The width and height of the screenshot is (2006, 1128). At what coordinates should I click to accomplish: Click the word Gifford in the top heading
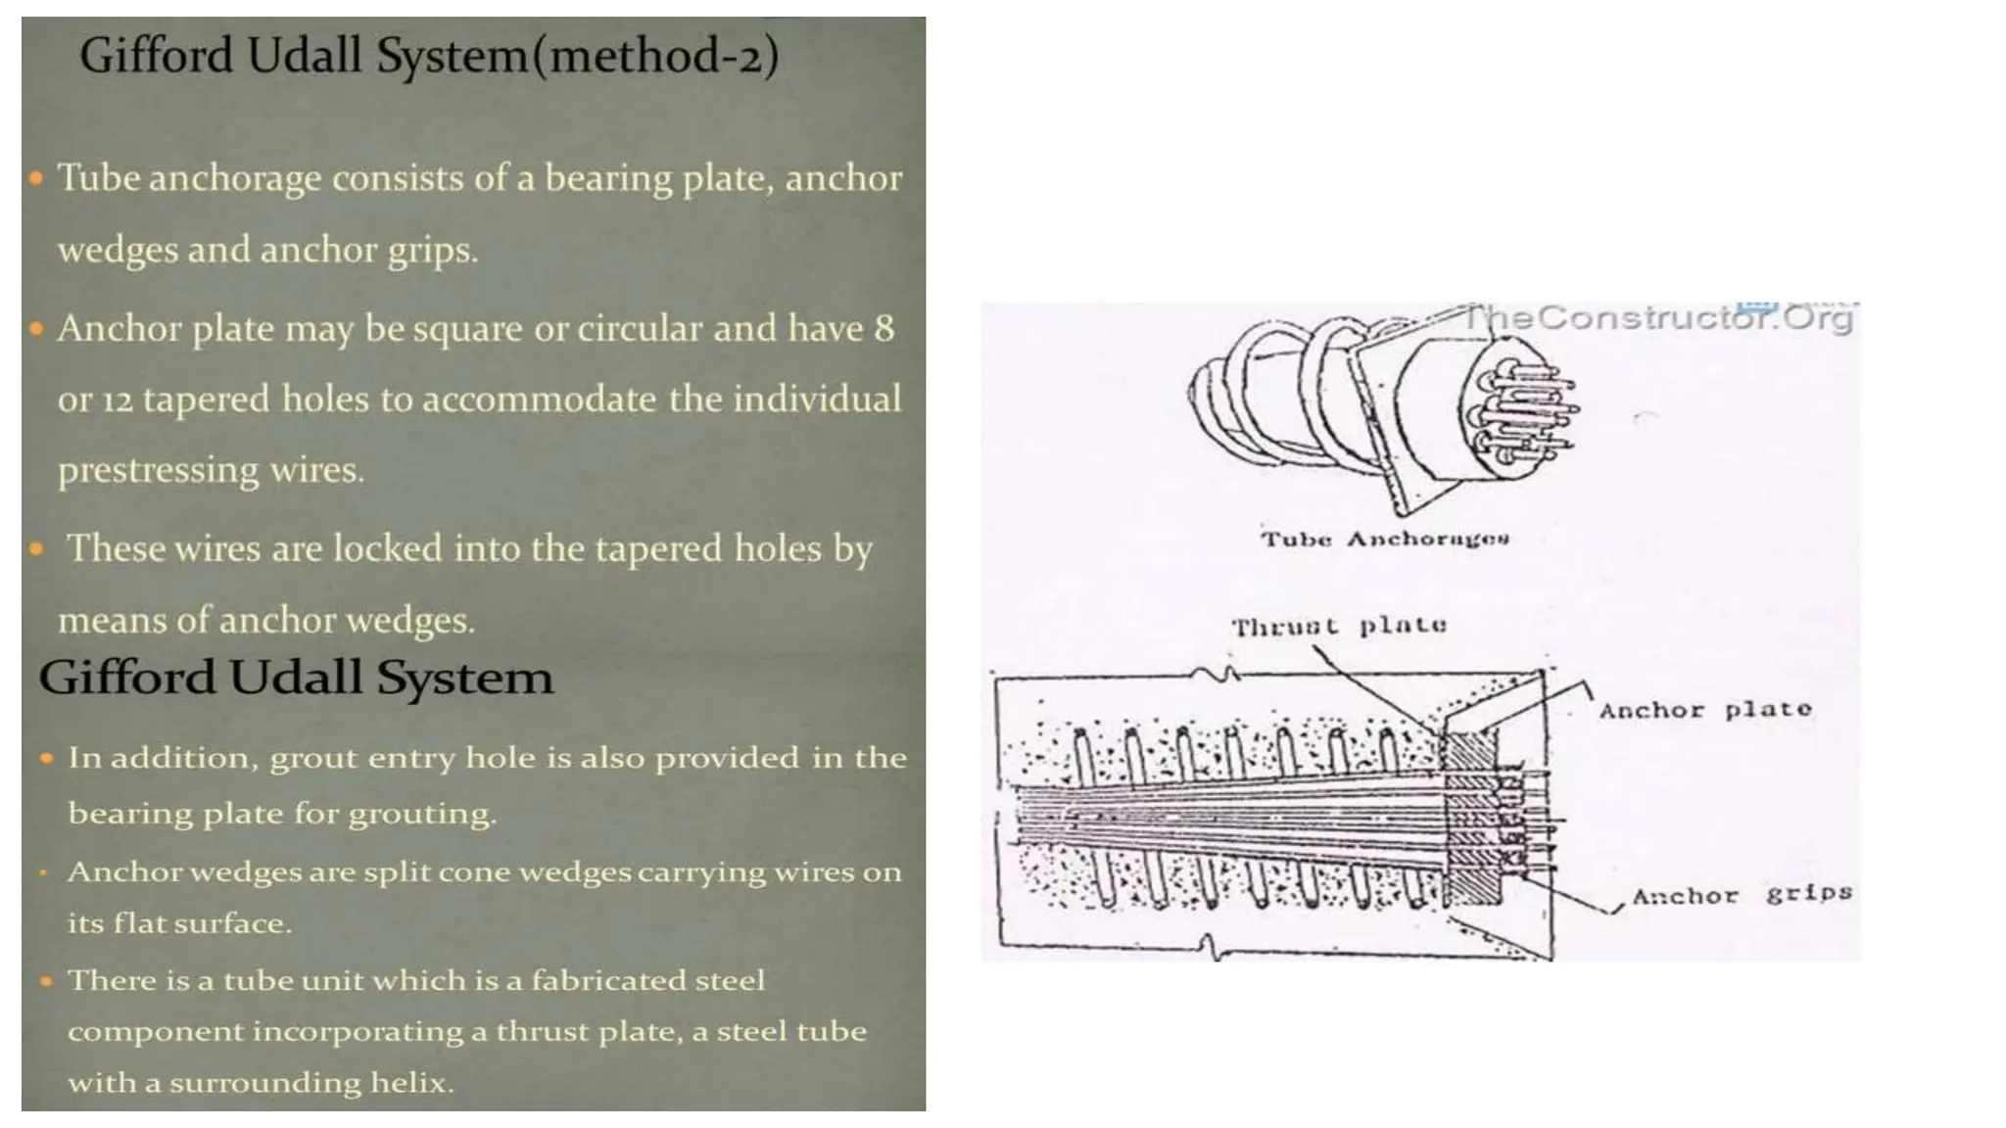pos(157,56)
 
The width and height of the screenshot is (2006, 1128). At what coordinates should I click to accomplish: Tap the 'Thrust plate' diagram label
pos(1338,626)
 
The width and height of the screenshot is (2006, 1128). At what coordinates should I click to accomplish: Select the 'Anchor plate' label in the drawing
pos(1705,710)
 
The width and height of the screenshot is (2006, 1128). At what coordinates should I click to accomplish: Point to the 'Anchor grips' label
pos(1742,895)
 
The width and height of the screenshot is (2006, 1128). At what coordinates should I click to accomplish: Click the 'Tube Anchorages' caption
pos(1384,539)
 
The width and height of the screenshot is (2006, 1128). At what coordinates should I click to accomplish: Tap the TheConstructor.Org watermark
pos(1656,318)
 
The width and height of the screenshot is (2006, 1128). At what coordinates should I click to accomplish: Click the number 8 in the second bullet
pos(884,329)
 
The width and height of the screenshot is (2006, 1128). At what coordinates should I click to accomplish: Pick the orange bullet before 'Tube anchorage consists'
pos(36,179)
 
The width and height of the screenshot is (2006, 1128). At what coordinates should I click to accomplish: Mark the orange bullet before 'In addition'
pos(46,758)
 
